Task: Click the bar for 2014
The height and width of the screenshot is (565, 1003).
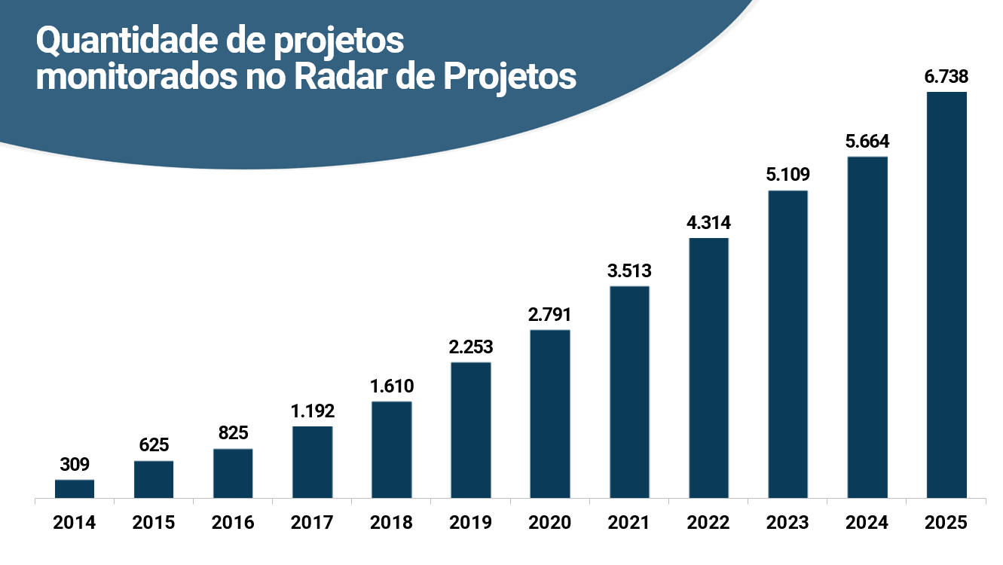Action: click(x=75, y=489)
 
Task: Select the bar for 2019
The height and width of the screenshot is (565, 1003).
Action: click(x=471, y=430)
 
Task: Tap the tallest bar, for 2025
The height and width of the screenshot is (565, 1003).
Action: click(x=946, y=295)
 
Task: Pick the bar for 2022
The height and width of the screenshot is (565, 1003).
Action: click(x=708, y=368)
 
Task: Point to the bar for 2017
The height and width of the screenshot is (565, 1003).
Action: click(x=312, y=462)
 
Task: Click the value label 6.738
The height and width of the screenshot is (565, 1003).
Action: click(x=946, y=77)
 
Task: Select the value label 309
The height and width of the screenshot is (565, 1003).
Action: click(x=75, y=465)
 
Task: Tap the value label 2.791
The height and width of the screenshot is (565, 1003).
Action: click(x=550, y=315)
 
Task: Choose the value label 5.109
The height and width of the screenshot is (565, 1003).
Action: click(x=788, y=176)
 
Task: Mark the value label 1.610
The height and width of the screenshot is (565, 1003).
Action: click(x=392, y=386)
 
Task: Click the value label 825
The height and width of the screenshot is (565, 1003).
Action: click(x=233, y=433)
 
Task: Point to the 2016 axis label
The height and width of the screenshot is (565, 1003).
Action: click(x=233, y=522)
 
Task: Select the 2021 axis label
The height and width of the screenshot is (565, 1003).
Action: click(x=629, y=522)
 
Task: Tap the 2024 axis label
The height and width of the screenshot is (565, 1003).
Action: click(x=867, y=522)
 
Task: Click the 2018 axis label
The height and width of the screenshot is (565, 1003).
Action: click(x=392, y=522)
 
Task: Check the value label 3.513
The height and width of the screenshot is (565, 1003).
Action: click(x=629, y=271)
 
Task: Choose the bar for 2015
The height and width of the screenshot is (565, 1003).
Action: click(x=154, y=479)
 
